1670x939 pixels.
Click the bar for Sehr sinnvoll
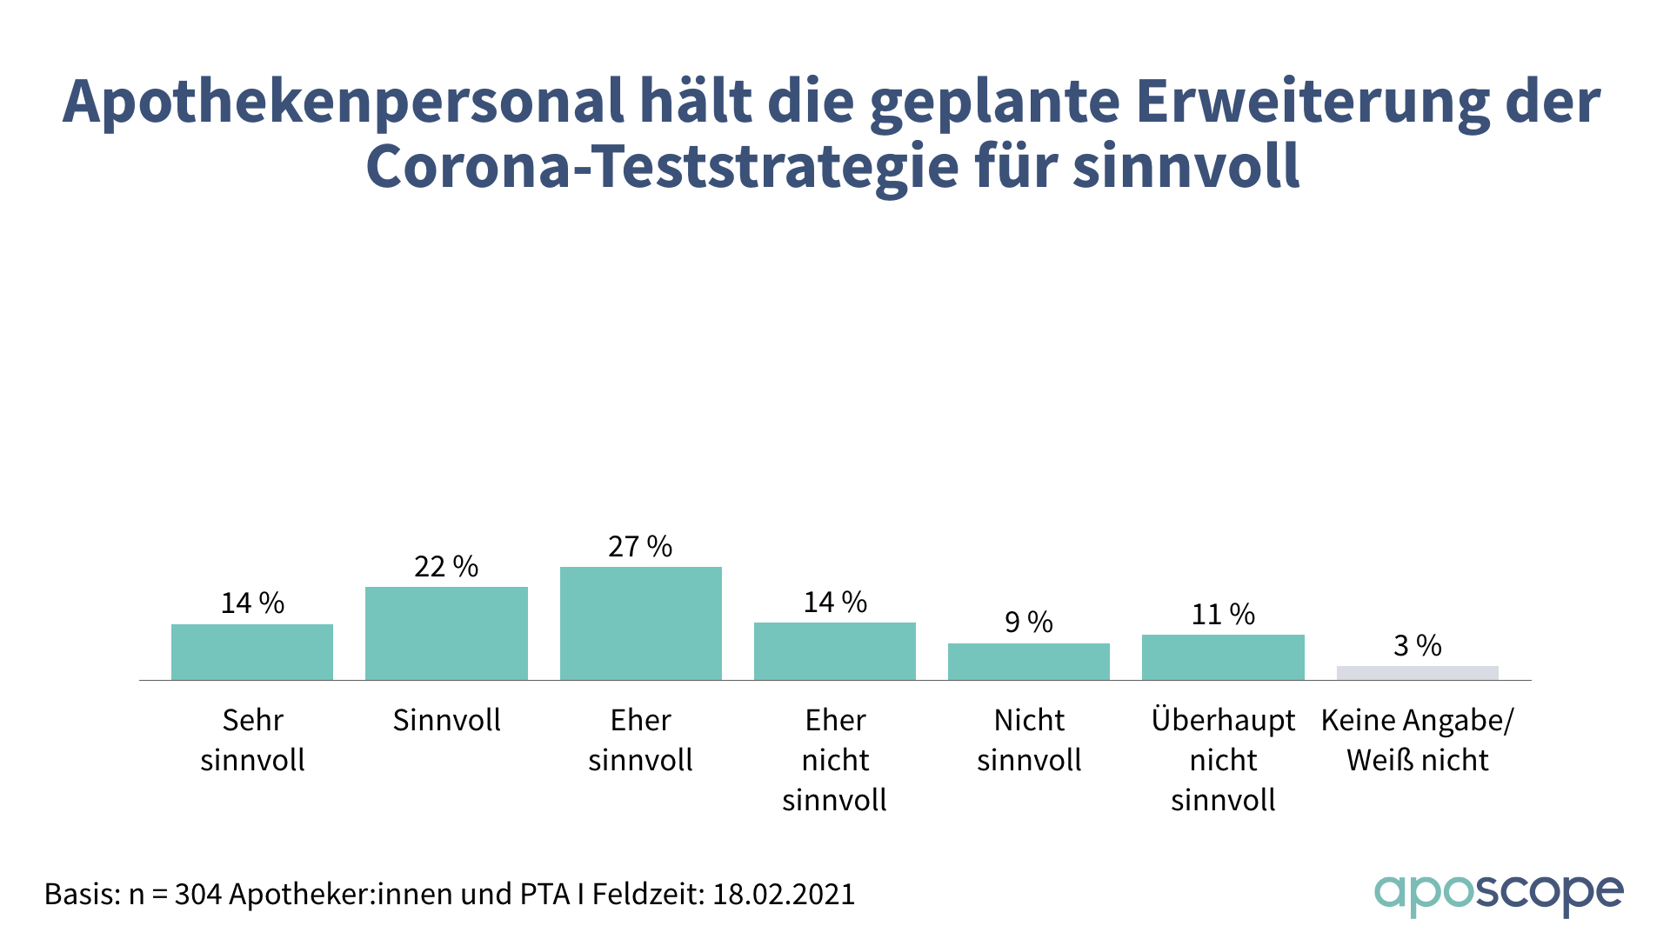click(252, 652)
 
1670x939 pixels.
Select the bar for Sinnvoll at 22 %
click(446, 633)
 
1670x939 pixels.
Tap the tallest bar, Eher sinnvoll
click(641, 623)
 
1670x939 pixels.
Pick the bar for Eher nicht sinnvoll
click(835, 651)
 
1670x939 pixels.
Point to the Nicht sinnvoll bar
click(1029, 662)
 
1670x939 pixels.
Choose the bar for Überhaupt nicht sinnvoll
click(1223, 657)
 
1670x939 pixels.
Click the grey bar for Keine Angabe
click(1417, 673)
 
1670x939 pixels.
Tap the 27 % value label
click(640, 547)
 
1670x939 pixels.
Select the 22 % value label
click(446, 567)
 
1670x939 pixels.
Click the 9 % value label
click(1029, 623)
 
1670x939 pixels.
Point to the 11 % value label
click(1223, 615)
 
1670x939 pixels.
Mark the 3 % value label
click(1417, 646)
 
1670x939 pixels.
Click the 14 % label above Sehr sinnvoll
click(252, 603)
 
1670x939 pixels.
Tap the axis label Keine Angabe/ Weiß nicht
click(1417, 740)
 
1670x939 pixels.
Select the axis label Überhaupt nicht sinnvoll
click(1223, 760)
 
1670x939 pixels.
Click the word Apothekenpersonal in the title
click(343, 103)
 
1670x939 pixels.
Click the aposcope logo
click(1499, 895)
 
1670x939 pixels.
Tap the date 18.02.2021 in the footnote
click(784, 894)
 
